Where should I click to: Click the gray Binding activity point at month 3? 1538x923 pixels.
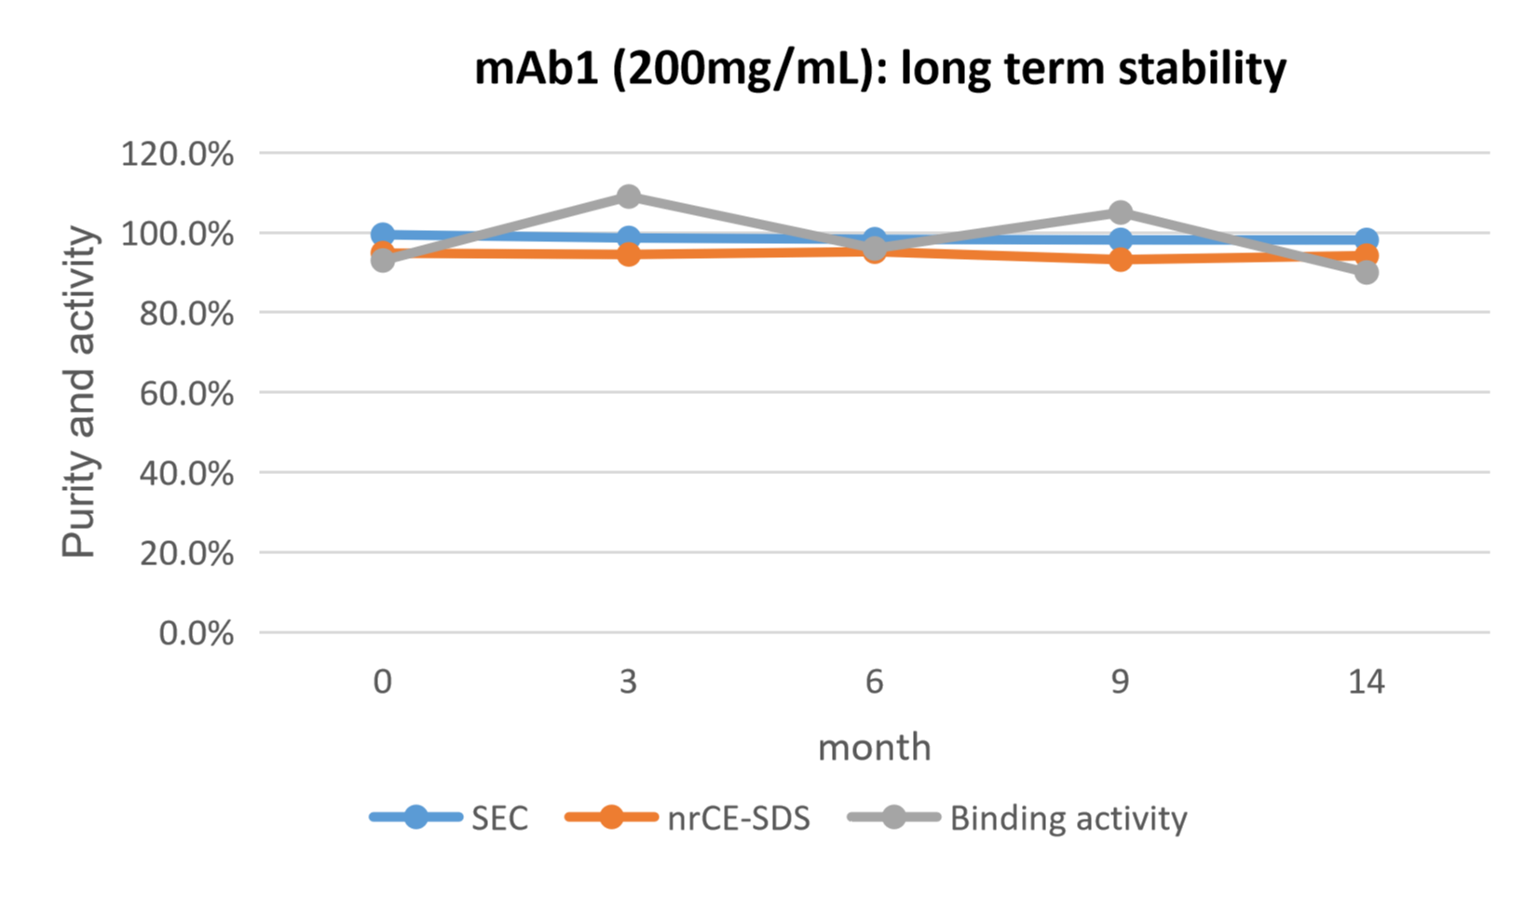point(629,197)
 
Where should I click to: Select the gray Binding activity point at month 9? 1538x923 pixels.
point(1121,212)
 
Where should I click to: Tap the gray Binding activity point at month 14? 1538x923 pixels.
point(1367,272)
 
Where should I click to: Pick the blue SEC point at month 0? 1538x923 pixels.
point(382,233)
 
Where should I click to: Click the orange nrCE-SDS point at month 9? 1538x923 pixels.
point(1121,260)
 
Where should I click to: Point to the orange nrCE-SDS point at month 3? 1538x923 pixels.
point(629,253)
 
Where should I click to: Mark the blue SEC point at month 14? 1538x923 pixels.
point(1367,239)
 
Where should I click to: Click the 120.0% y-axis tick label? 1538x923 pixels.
point(177,154)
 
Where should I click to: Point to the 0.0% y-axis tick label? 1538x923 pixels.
point(196,634)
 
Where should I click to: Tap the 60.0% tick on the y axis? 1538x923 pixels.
point(185,394)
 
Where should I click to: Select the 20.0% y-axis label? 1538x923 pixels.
point(185,554)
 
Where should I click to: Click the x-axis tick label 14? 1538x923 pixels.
point(1367,683)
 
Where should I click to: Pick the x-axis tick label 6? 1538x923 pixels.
point(874,683)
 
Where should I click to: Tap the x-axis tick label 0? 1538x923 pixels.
point(382,683)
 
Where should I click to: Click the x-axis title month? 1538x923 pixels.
point(874,748)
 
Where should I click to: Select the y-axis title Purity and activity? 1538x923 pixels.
point(79,392)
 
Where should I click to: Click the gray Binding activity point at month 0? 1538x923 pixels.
point(382,261)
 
